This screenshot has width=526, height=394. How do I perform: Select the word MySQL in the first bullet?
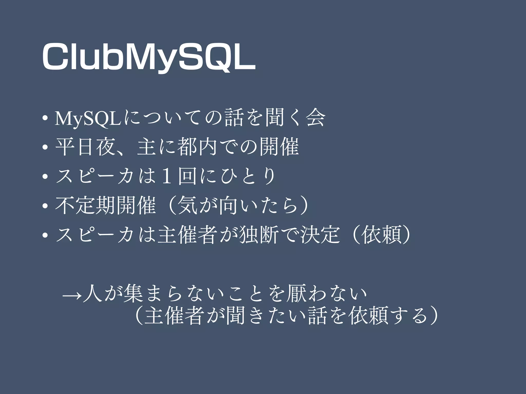[x=87, y=119]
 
